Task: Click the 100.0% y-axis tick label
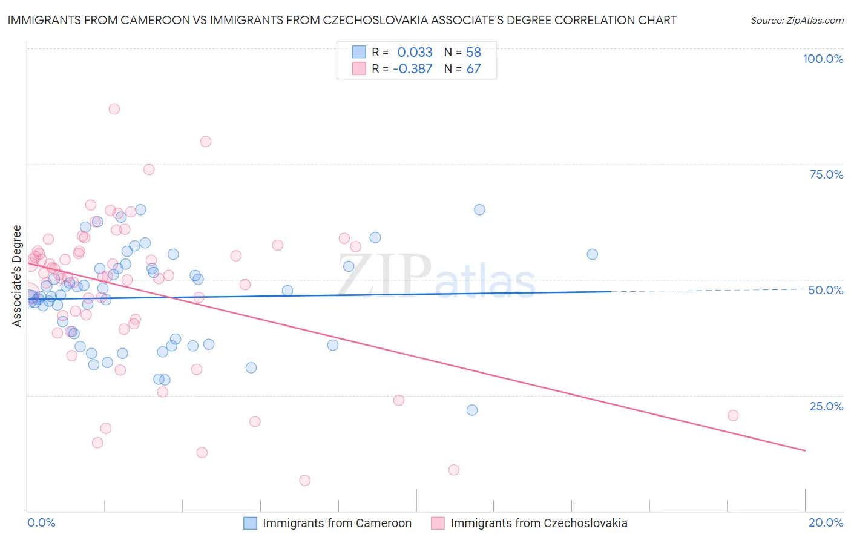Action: pos(823,59)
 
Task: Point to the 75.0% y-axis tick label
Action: pos(826,174)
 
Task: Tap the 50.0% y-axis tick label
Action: pos(826,290)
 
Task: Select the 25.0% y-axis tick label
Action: pos(826,406)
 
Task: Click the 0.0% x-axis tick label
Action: pos(41,522)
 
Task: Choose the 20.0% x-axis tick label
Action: pos(826,522)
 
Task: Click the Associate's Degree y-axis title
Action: pos(17,276)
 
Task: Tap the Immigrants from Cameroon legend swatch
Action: pos(251,523)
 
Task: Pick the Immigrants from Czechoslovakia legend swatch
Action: pos(438,523)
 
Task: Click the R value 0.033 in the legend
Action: pos(415,53)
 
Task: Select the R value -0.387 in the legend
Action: pos(412,69)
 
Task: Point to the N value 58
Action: pos(473,53)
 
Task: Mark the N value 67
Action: pos(473,69)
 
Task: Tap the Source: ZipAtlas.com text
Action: pos(797,20)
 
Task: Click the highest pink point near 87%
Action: pos(114,109)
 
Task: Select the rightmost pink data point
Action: pos(733,415)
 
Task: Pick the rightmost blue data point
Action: pos(593,254)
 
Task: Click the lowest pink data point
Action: pos(305,481)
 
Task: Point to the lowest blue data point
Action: pos(472,410)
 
